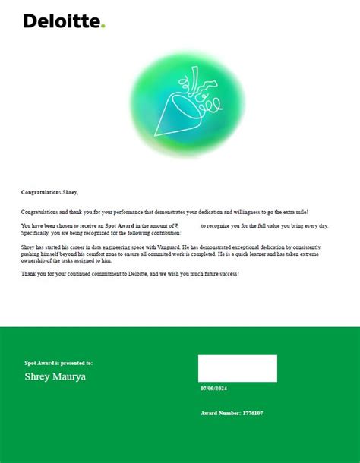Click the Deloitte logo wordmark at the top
click(61, 20)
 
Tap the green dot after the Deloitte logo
click(103, 26)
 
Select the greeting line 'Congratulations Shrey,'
click(49, 192)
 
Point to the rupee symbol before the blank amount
click(176, 226)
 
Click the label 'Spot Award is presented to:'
click(58, 363)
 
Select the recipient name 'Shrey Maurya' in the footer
click(55, 376)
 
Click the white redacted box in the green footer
click(237, 368)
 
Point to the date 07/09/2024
click(213, 389)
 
